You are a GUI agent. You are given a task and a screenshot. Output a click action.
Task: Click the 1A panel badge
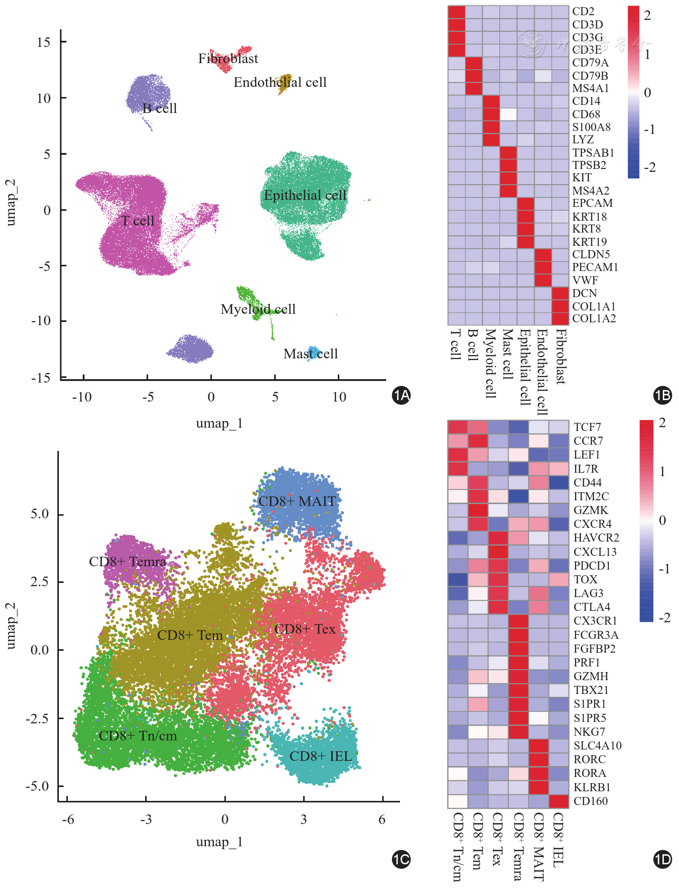(401, 395)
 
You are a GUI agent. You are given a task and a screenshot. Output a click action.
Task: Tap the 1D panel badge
(662, 860)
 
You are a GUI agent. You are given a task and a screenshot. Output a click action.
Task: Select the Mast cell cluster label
(311, 354)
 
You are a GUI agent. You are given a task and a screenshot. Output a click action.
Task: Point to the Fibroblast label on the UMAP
(228, 59)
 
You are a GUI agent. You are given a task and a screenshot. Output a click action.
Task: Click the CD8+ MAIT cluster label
(297, 502)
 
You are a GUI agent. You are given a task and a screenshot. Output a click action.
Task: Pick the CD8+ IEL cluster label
(320, 757)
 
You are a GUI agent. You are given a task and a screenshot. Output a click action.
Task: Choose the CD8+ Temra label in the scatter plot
(128, 562)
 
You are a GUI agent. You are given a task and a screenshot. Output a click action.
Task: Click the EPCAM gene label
(592, 204)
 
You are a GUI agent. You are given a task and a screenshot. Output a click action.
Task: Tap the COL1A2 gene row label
(594, 319)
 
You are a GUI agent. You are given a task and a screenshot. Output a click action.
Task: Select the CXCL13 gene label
(595, 552)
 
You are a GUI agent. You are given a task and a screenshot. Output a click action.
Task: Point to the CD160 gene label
(590, 801)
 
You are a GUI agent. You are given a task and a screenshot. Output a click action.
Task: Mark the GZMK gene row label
(591, 510)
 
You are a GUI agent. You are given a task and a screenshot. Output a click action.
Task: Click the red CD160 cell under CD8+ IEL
(558, 801)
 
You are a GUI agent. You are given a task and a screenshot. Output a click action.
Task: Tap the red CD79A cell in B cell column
(474, 63)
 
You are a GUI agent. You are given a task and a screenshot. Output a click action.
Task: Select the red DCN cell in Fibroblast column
(560, 293)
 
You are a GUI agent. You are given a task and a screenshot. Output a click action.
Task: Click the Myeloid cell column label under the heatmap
(491, 363)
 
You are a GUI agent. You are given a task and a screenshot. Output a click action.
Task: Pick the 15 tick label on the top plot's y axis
(44, 42)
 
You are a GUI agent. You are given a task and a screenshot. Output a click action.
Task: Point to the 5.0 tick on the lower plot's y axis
(40, 514)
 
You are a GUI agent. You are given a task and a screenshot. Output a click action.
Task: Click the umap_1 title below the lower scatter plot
(219, 842)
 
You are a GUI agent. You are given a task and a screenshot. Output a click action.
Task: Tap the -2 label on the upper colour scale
(650, 168)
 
